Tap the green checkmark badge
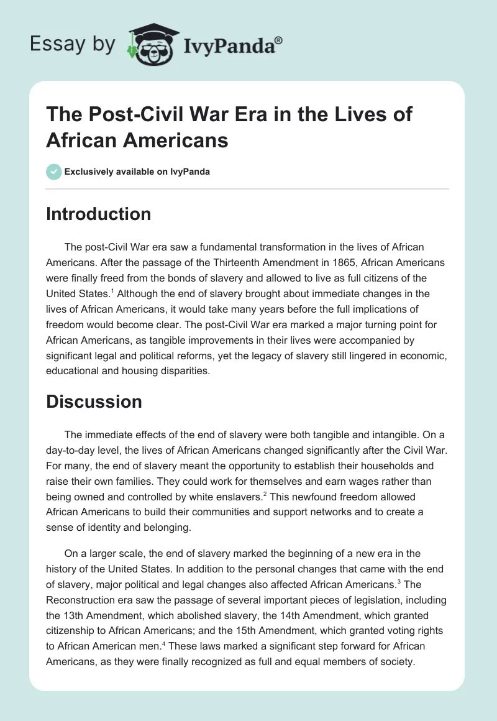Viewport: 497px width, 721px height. [x=54, y=172]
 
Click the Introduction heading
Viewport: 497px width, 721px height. [x=99, y=214]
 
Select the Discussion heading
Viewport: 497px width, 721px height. [x=94, y=402]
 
